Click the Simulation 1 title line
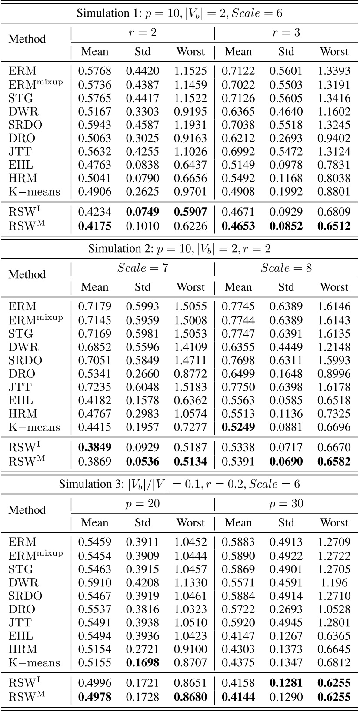coord(180,13)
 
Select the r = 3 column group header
coord(286,33)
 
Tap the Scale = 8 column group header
coord(286,268)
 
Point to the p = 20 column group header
coord(143,504)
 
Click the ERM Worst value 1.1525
coord(190,71)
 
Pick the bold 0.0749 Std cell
coord(143,212)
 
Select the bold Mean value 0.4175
coord(95,226)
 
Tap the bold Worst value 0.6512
coord(334,226)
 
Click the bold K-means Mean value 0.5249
coord(238,427)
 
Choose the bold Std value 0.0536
coord(143,462)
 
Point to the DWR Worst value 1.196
coord(334,583)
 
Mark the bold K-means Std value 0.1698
coord(143,663)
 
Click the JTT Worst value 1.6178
coord(334,387)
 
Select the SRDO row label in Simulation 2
coord(25,360)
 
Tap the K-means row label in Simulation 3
coord(34,663)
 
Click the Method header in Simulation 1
coord(27,39)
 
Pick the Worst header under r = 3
coord(334,52)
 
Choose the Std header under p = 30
coord(286,522)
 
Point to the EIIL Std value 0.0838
coord(143,165)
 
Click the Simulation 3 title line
coord(180,484)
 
